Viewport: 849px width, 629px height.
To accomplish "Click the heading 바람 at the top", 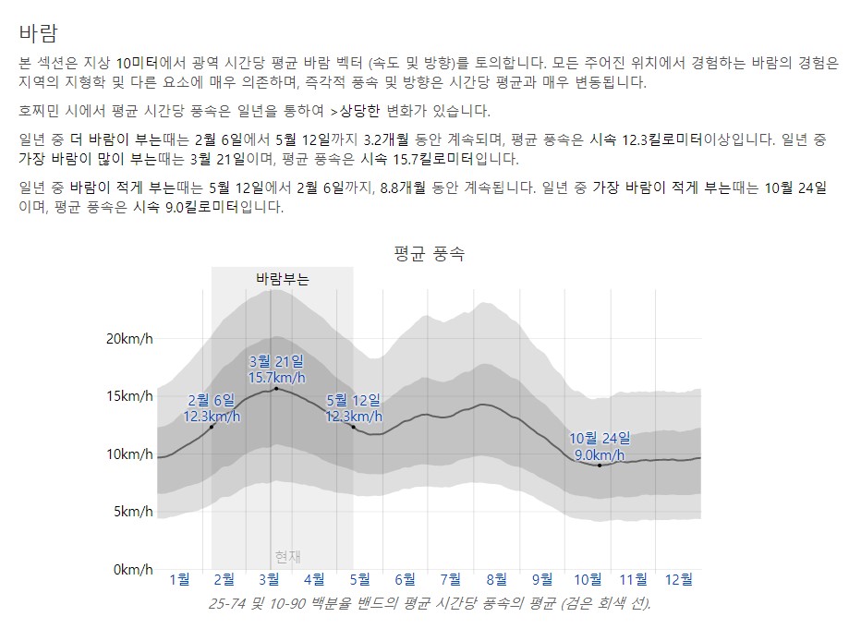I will click(x=38, y=33).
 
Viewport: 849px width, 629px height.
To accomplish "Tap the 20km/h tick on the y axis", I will click(x=128, y=339).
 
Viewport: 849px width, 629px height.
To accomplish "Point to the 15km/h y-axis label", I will click(x=128, y=396).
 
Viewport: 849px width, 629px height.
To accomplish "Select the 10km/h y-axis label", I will click(x=128, y=454).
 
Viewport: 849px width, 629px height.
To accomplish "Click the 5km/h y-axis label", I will click(x=132, y=512).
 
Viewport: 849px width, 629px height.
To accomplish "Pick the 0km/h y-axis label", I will click(x=132, y=570).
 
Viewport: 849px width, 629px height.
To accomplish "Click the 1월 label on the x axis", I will click(x=179, y=579).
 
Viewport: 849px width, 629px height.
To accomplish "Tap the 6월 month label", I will click(x=405, y=579).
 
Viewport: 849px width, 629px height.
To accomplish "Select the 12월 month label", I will click(x=679, y=579).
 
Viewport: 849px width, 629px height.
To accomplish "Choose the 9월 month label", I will click(x=542, y=579).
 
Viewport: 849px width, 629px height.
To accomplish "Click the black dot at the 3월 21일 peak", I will click(x=276, y=389).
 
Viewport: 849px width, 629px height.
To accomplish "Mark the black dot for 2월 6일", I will click(x=212, y=427).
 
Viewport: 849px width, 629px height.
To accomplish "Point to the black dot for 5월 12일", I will click(x=354, y=427).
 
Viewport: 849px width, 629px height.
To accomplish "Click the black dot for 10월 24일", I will click(x=600, y=466).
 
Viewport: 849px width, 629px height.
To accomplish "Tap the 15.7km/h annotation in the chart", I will click(x=276, y=377).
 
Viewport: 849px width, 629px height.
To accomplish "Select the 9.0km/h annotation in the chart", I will click(x=600, y=454).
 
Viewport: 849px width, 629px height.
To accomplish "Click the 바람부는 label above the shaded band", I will click(x=283, y=278).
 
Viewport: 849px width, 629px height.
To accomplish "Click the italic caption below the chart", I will click(x=430, y=604).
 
